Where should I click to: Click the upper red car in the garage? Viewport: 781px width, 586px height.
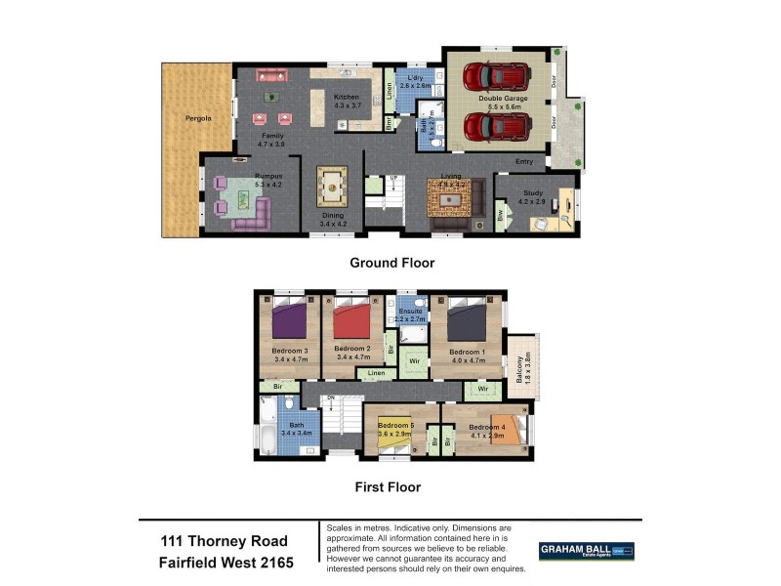tap(496, 75)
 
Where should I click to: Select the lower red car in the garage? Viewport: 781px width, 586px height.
tap(496, 126)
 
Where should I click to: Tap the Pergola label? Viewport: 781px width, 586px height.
tap(200, 118)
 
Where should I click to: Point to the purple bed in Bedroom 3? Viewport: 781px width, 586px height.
tap(289, 320)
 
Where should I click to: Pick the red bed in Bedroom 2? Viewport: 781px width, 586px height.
tap(352, 320)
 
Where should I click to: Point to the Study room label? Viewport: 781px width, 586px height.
tap(532, 193)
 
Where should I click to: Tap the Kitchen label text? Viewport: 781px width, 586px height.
tap(347, 98)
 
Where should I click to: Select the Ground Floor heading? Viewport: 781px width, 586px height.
tap(391, 263)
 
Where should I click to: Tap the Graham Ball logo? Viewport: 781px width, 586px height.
tap(586, 551)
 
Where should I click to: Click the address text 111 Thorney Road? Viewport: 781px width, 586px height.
tap(225, 541)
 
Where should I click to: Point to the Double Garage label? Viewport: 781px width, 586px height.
tap(503, 99)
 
